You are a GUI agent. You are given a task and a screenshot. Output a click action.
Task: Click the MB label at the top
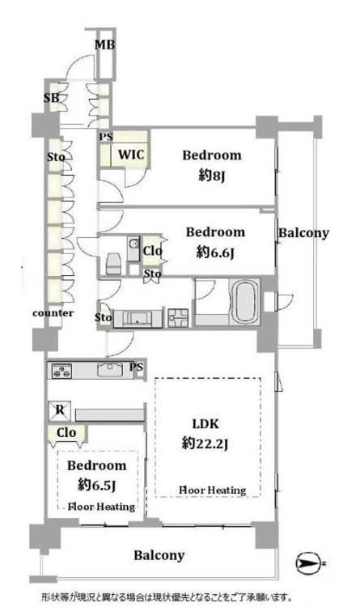point(105,45)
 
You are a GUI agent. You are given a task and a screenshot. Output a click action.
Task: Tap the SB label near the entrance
point(52,98)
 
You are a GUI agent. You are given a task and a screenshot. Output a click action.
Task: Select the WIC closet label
point(131,154)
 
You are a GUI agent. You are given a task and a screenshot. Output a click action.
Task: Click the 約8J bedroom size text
point(212,176)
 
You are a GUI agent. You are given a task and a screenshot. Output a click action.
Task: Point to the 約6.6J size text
point(215,253)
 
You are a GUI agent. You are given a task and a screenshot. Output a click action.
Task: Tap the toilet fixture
point(114,264)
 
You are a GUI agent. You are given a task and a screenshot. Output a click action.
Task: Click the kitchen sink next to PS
point(110,369)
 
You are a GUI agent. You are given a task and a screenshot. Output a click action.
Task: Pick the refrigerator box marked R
point(60,411)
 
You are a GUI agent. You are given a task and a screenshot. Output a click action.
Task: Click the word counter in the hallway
point(53,313)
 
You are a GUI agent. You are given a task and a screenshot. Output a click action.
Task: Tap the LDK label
point(205,423)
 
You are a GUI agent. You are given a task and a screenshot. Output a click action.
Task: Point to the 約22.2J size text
point(205,443)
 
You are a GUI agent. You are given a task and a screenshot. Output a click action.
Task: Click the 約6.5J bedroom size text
point(96,485)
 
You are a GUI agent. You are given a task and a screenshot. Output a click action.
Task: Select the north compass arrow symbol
point(307,563)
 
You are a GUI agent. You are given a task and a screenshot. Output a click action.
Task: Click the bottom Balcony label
point(159,555)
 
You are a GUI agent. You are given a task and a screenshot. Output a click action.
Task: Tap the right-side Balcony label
point(303,233)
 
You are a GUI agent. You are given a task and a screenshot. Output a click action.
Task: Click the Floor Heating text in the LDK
point(212,490)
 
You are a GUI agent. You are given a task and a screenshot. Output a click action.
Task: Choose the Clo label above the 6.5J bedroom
point(66,432)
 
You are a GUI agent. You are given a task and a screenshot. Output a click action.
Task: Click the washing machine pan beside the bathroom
point(178,317)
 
